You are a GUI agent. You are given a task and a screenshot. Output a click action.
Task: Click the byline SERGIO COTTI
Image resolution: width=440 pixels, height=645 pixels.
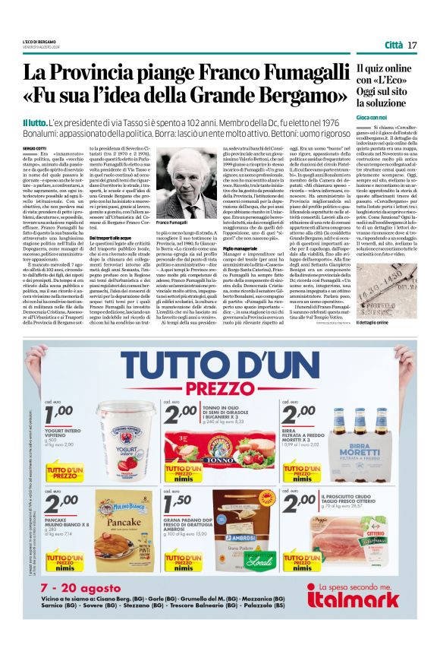point(35,147)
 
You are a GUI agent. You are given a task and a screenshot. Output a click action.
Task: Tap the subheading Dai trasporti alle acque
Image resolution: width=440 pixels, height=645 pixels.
point(115,238)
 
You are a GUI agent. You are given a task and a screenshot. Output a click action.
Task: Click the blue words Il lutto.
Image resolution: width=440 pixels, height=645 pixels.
point(36,122)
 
